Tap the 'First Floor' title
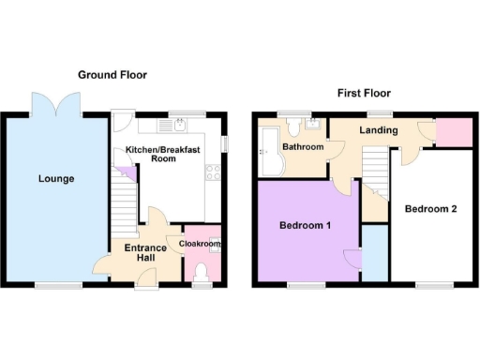coord(365,93)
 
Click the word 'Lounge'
coord(56,178)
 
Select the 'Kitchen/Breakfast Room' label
coord(151,154)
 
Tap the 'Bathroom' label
coord(305,147)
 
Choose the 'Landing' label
coord(379,129)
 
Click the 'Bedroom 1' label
coord(302,226)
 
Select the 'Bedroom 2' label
coord(430,208)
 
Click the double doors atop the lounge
coord(47,101)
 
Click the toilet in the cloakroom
coord(201,271)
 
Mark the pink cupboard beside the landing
coord(454,132)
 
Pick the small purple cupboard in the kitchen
coord(131,174)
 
